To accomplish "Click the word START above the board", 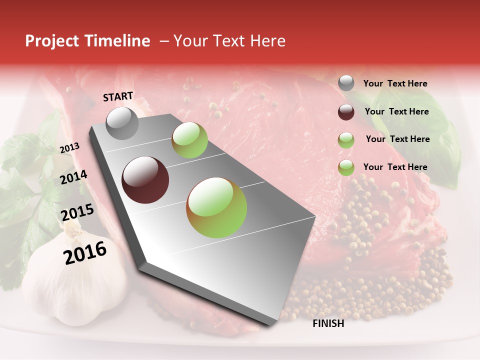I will pyautogui.click(x=118, y=96).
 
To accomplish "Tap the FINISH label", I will pyautogui.click(x=328, y=323).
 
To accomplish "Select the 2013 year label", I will pyautogui.click(x=69, y=148).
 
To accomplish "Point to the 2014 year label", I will pyautogui.click(x=74, y=177).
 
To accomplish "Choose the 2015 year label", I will pyautogui.click(x=77, y=212).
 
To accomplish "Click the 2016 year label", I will pyautogui.click(x=85, y=253).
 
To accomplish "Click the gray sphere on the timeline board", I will pyautogui.click(x=122, y=123).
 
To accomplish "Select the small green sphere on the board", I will pyautogui.click(x=189, y=140).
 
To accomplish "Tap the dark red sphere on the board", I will pyautogui.click(x=145, y=180).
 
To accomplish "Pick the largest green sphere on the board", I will pyautogui.click(x=216, y=207).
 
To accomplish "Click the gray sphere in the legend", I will pyautogui.click(x=346, y=83).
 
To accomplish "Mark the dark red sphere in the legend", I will pyautogui.click(x=346, y=111).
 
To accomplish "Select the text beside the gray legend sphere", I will pyautogui.click(x=395, y=83).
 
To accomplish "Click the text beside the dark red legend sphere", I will pyautogui.click(x=396, y=111).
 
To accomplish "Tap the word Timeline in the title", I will pyautogui.click(x=118, y=41).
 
